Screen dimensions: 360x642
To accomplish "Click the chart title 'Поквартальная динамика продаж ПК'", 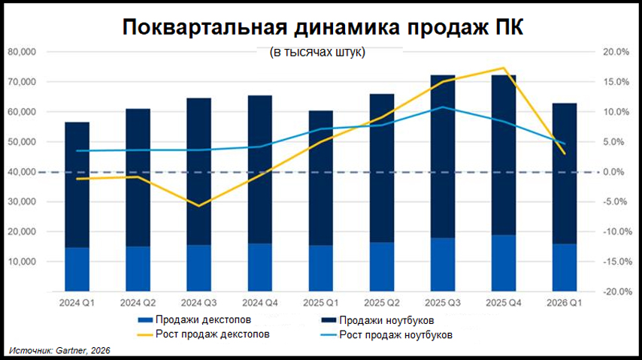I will [321, 27].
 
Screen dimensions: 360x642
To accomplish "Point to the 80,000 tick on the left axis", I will [23, 52].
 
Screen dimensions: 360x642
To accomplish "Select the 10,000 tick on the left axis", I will [23, 262].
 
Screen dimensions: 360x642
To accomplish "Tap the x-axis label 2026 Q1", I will [564, 302].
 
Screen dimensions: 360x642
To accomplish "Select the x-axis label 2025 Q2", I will [382, 302].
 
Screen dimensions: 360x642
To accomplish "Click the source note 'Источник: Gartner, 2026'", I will [59, 351].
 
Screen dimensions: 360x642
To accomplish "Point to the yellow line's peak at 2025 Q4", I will [503, 68].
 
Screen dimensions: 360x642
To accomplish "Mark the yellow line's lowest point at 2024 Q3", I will [199, 205].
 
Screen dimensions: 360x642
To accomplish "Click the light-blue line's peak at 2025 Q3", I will [443, 107].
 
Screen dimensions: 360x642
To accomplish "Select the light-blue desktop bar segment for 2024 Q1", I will [77, 269].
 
